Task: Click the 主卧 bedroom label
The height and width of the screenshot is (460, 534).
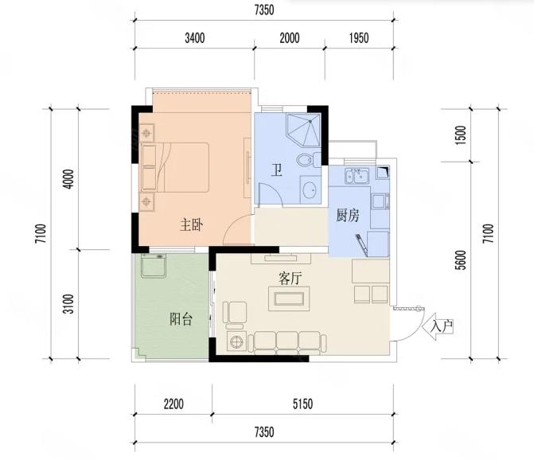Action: point(191,225)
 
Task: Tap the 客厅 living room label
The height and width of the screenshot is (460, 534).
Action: point(290,279)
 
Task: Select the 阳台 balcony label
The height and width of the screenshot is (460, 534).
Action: point(181,319)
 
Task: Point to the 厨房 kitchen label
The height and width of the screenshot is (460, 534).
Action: point(348,216)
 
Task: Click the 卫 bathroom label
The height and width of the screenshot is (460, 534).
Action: point(277,170)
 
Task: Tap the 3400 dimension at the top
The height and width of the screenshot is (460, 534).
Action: point(195,38)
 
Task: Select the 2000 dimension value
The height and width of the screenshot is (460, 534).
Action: point(290,38)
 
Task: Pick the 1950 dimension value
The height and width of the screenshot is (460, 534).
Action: point(359,38)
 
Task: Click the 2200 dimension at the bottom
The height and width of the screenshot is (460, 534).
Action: point(173,404)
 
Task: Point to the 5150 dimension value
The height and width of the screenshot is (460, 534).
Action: point(302,404)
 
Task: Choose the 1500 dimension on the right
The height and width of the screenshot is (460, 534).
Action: point(460,135)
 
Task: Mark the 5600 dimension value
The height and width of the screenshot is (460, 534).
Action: point(460,260)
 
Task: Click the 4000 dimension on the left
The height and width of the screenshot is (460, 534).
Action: point(69,179)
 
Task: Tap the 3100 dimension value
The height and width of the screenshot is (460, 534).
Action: point(69,304)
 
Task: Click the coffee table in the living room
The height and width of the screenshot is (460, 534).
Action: point(289,298)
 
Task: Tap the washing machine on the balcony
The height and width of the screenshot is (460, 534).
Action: point(154,265)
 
